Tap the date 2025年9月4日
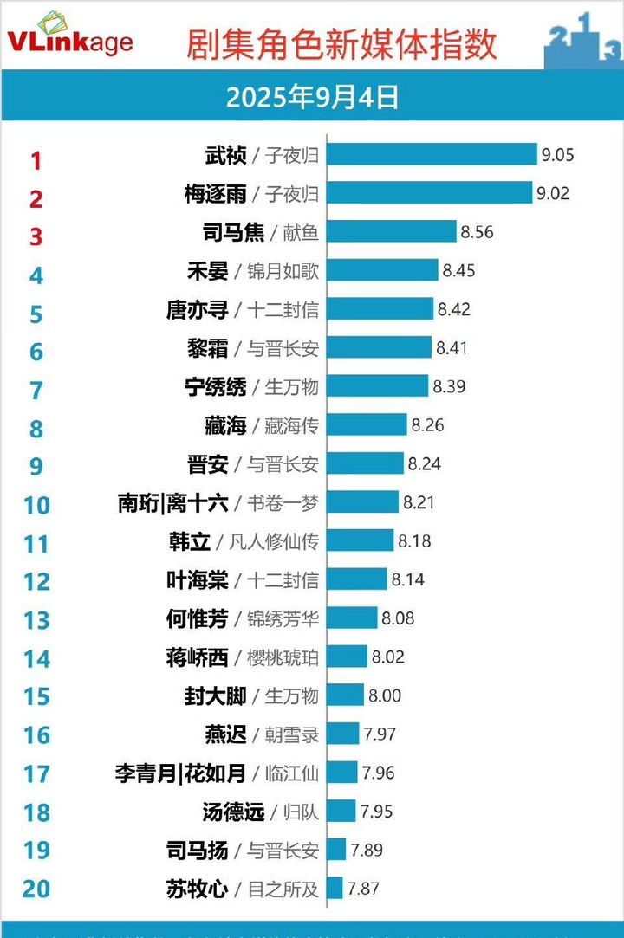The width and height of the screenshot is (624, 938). pyautogui.click(x=312, y=97)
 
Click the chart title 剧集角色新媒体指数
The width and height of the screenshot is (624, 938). pyautogui.click(x=341, y=44)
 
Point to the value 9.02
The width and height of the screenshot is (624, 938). pyautogui.click(x=553, y=193)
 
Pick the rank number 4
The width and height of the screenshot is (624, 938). pyautogui.click(x=36, y=275)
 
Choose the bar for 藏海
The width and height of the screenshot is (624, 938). pyautogui.click(x=367, y=425)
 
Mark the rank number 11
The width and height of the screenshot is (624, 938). pyautogui.click(x=36, y=544)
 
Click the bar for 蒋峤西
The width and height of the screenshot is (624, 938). pyautogui.click(x=347, y=657)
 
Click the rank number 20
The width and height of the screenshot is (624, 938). pyautogui.click(x=36, y=889)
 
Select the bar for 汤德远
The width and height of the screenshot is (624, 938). pyautogui.click(x=341, y=812)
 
